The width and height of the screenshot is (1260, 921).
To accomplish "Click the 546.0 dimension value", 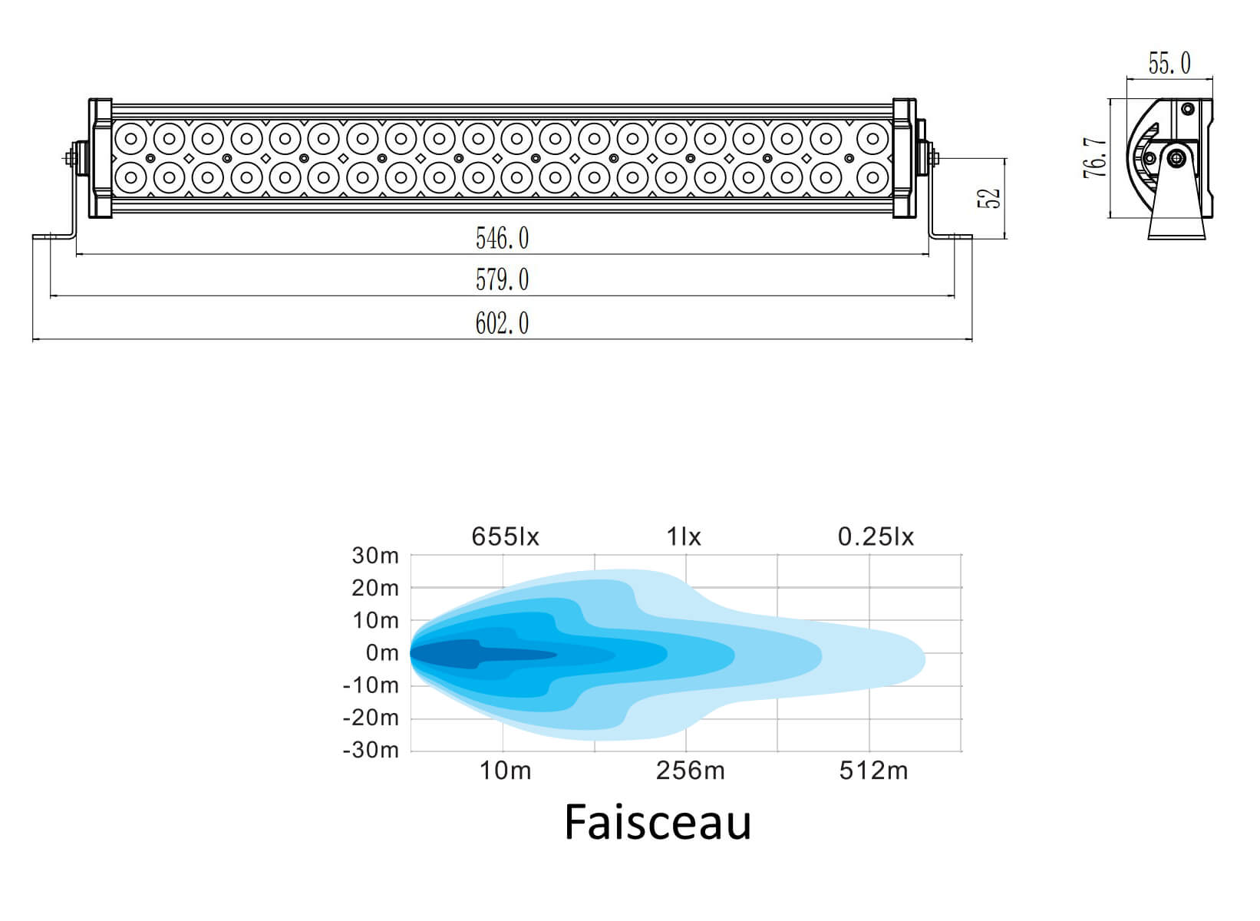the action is tap(503, 238).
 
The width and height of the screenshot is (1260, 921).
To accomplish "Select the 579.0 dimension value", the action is tap(503, 279).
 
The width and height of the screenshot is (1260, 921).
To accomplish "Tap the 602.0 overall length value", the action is tap(503, 324).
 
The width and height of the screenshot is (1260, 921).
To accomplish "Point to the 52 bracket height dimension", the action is tap(989, 198).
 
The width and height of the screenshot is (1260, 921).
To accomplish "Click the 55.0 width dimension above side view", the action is tap(1170, 63).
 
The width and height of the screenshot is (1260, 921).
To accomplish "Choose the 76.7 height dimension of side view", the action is tap(1095, 157).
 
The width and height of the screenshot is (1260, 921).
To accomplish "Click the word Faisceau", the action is tap(658, 823).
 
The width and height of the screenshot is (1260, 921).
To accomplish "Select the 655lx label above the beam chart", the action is tap(505, 536).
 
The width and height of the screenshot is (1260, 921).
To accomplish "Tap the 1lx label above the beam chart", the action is tap(684, 536).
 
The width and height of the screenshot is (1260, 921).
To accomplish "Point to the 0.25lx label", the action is tap(876, 536).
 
